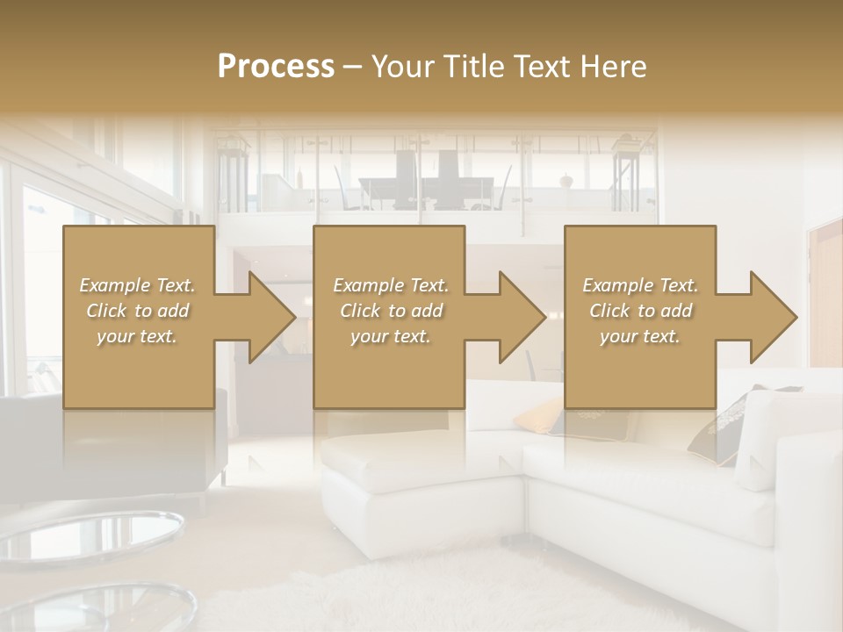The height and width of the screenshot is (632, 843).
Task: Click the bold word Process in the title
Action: pos(276,66)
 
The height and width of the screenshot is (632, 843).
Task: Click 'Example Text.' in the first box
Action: pos(137,285)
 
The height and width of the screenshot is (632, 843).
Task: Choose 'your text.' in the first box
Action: pos(137,336)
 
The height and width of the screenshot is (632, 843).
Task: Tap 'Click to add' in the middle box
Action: pos(391,311)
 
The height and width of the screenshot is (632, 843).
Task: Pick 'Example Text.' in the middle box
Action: pos(391,285)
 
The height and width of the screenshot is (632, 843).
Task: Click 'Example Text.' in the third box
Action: pos(640,285)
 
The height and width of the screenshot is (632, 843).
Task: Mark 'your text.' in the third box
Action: pos(640,336)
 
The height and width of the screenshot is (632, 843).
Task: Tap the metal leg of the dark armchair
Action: pos(225,475)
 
